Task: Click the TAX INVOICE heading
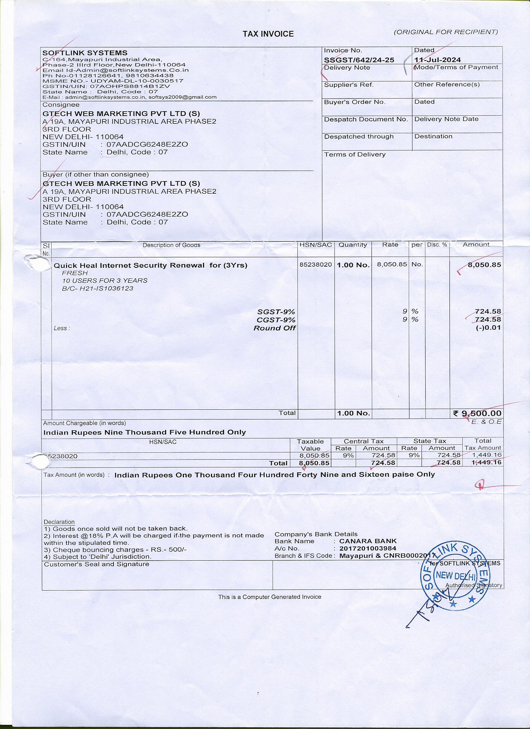point(268,34)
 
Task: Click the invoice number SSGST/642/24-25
point(359,60)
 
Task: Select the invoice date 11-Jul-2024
point(437,60)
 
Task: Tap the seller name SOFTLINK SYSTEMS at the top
point(85,53)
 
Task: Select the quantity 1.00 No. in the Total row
point(353,413)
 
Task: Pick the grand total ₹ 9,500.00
point(477,413)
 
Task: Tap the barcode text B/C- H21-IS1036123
point(97,288)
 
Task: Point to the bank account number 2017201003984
point(368,548)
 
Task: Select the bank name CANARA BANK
point(368,541)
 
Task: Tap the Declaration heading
point(59,522)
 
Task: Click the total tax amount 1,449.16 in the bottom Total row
point(487,462)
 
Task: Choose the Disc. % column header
point(437,244)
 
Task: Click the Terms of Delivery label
point(354,154)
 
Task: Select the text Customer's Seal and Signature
point(96,564)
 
